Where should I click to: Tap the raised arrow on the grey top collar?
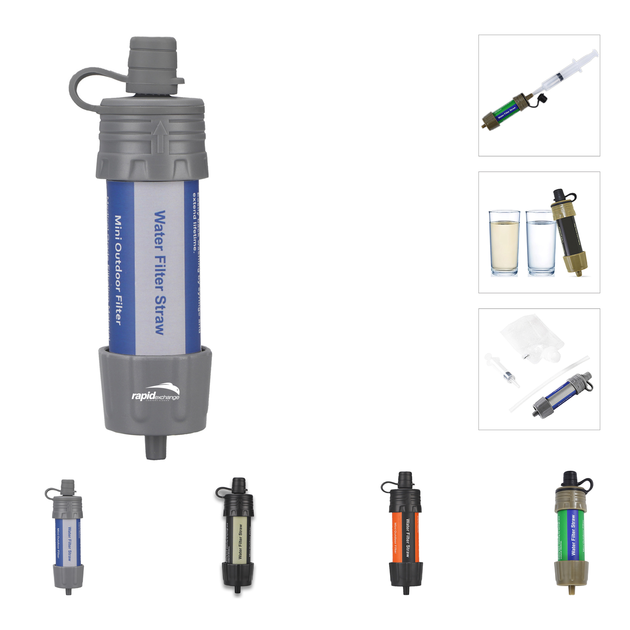pos(160,136)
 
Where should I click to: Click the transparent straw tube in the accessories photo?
pos(546,385)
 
